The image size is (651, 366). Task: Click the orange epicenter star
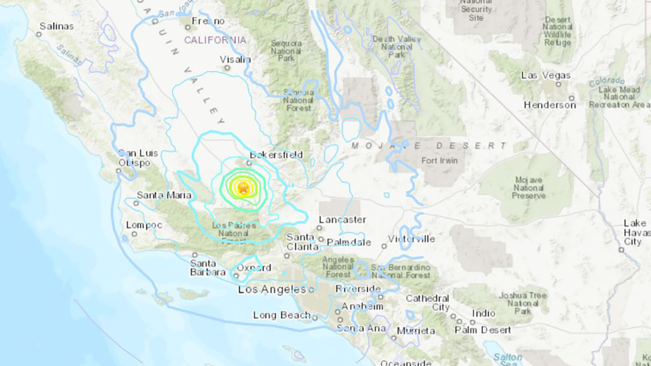tap(243, 188)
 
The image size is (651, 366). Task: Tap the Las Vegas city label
tap(546, 76)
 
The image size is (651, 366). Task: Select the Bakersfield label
tap(276, 155)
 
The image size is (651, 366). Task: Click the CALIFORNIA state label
tap(215, 40)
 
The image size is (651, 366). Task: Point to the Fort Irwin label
tap(439, 161)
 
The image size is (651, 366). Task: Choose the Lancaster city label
tap(343, 220)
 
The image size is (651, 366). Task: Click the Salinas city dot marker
tap(39, 35)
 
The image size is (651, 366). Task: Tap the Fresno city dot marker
tap(188, 28)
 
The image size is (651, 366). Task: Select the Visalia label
tap(235, 60)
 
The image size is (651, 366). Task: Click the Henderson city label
tap(550, 105)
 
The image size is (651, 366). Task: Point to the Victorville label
tap(411, 239)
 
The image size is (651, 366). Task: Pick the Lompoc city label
tap(144, 225)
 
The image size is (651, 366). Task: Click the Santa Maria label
tap(164, 195)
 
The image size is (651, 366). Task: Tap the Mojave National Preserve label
tap(529, 188)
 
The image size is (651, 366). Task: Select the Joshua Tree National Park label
tap(523, 303)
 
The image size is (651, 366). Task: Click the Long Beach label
tap(282, 315)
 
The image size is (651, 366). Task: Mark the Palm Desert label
tap(483, 330)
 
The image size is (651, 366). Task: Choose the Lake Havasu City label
tap(636, 232)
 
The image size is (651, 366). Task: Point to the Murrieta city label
tap(416, 331)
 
